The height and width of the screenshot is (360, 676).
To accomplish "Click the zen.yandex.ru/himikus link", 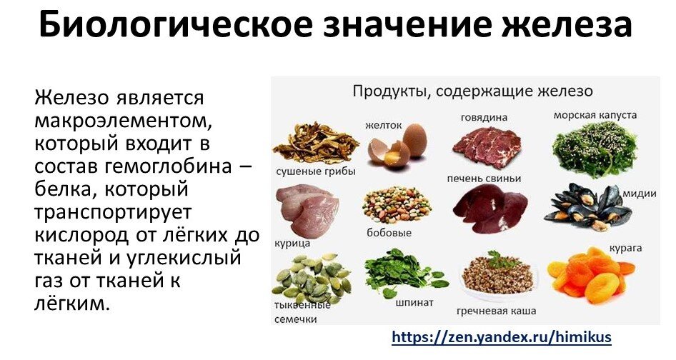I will (x=502, y=336).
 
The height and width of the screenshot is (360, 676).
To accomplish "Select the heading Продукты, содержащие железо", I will (x=472, y=91).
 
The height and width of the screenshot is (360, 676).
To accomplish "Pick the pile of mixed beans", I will (x=397, y=206).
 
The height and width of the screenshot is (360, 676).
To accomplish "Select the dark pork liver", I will (x=489, y=209).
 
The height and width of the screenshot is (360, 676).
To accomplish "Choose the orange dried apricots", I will (x=589, y=276).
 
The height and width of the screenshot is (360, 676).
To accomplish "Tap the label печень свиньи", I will (x=484, y=178).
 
